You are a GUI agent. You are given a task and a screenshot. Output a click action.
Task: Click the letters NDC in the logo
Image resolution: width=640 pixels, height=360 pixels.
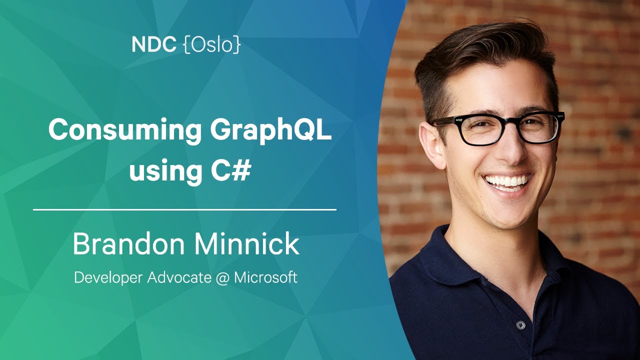click(x=154, y=44)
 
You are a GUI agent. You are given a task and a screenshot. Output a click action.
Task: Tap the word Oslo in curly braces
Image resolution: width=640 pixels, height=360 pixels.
click(x=211, y=45)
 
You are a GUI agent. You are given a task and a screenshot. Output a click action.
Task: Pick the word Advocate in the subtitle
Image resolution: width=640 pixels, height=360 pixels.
click(x=179, y=277)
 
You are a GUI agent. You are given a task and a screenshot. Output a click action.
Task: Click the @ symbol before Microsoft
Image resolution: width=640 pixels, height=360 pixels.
click(x=222, y=277)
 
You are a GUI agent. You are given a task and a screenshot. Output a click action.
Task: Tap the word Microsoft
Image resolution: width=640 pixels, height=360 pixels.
click(x=265, y=277)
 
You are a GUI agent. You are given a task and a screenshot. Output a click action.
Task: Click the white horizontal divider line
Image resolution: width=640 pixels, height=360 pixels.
click(x=184, y=209)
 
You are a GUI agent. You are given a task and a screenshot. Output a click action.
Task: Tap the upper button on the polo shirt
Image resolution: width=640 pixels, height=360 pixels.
click(x=520, y=324)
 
